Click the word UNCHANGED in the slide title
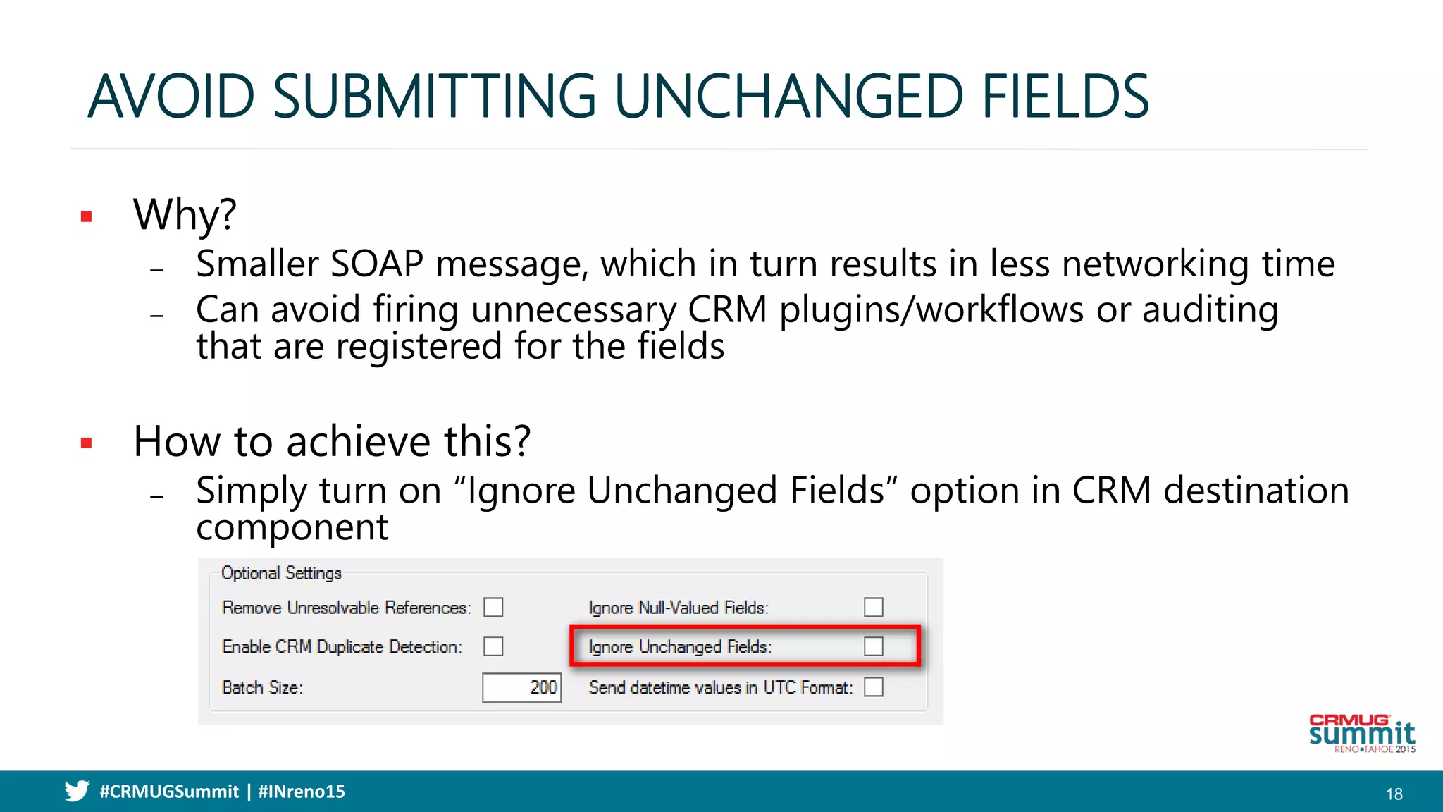pyautogui.click(x=788, y=97)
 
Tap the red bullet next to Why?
pyautogui.click(x=87, y=217)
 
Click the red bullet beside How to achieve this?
pyautogui.click(x=87, y=443)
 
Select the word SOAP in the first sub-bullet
pyautogui.click(x=376, y=264)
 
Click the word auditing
pyautogui.click(x=1209, y=310)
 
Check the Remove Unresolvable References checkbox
pyautogui.click(x=493, y=607)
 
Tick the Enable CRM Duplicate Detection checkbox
pyautogui.click(x=493, y=646)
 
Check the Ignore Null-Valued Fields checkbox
pyautogui.click(x=873, y=607)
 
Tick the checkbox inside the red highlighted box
pyautogui.click(x=873, y=646)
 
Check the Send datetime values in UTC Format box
pyautogui.click(x=873, y=687)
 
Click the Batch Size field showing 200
pyautogui.click(x=521, y=687)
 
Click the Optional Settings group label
pyautogui.click(x=281, y=573)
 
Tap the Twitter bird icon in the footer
pyautogui.click(x=77, y=791)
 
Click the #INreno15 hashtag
pyautogui.click(x=302, y=792)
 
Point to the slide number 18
pyautogui.click(x=1394, y=794)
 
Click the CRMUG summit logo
pyautogui.click(x=1361, y=734)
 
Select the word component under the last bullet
pyautogui.click(x=292, y=528)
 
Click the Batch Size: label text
pyautogui.click(x=262, y=687)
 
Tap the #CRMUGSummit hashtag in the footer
pyautogui.click(x=169, y=792)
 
